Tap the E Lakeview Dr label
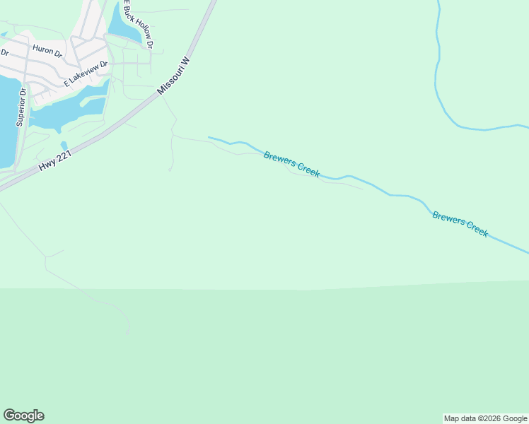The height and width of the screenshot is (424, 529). [86, 73]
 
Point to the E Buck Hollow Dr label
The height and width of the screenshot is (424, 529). [138, 24]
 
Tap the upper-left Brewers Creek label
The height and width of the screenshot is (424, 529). [291, 164]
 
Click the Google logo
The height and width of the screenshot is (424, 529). [23, 416]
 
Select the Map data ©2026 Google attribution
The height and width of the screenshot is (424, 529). [485, 418]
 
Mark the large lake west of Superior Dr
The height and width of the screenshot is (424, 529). [6, 120]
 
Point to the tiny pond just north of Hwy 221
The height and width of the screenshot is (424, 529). [64, 146]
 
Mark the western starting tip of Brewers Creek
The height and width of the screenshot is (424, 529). [209, 137]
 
